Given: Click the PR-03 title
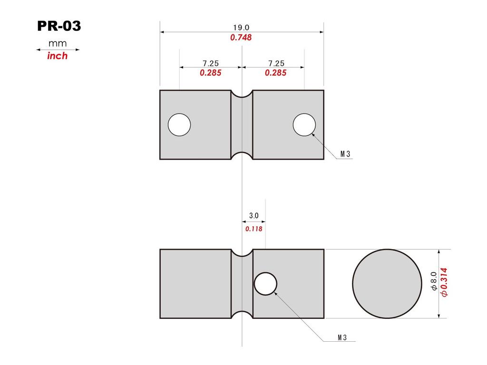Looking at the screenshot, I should [59, 26].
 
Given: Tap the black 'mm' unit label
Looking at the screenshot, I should [58, 44].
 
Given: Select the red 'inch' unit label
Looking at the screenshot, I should [58, 56].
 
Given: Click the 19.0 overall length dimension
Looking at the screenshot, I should [241, 28].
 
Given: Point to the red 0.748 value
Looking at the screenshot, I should [241, 38].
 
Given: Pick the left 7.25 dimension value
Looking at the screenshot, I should [211, 63].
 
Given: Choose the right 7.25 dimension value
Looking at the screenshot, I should [276, 63].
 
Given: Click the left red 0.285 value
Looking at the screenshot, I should [211, 73].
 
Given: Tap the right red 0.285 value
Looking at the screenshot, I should [276, 73].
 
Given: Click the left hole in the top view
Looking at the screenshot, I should [179, 125].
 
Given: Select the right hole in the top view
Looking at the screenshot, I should [304, 125].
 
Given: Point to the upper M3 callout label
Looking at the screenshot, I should [345, 154].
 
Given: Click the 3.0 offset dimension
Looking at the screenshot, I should [253, 216].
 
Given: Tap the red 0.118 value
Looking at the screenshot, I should [253, 229].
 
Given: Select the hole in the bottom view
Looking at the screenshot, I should [265, 284].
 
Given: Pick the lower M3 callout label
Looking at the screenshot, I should [342, 337].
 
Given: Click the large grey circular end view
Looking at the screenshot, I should [387, 283].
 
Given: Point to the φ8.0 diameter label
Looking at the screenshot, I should [433, 281].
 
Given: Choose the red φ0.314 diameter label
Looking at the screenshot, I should [444, 282].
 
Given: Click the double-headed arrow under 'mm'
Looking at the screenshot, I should [58, 49].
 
